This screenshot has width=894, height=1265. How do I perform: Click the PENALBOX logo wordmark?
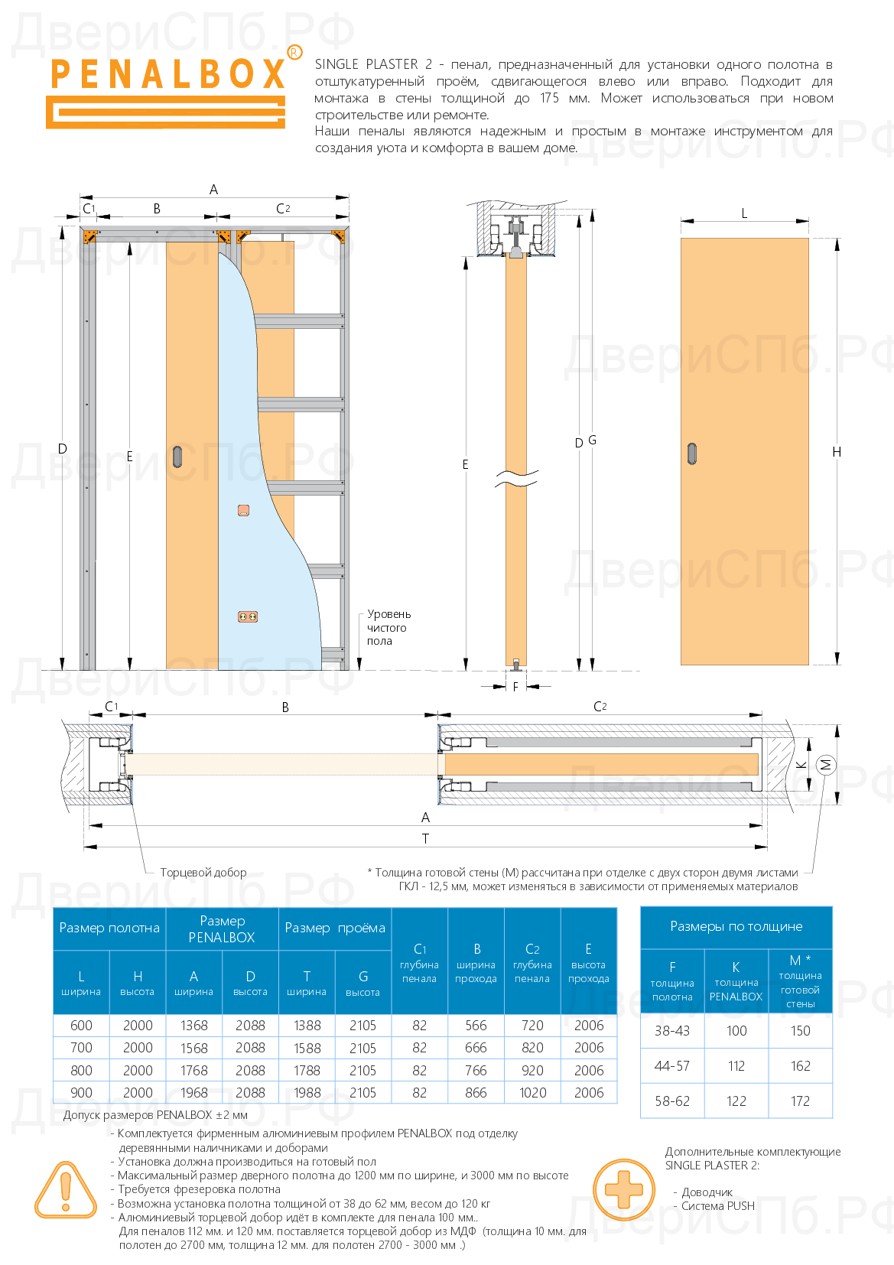click(168, 74)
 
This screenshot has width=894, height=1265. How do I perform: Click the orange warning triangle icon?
click(66, 1190)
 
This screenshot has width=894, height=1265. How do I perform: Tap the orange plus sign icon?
click(624, 1190)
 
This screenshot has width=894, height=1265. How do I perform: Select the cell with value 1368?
click(194, 1026)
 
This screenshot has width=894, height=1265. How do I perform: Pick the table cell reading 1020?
click(532, 1093)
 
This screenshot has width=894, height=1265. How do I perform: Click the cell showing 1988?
click(307, 1093)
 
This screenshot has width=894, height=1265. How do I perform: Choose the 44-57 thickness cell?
click(672, 1066)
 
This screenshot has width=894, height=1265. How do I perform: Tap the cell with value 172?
click(800, 1101)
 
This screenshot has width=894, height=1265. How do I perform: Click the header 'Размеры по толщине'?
click(736, 927)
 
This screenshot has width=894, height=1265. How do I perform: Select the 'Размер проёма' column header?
click(335, 928)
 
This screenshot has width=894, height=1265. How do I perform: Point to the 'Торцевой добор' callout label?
click(203, 873)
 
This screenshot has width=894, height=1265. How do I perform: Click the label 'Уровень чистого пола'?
click(388, 627)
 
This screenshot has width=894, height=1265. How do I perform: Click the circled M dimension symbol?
click(826, 764)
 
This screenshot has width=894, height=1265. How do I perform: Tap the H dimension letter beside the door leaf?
click(837, 452)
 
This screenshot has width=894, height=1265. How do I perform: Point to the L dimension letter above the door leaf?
click(744, 214)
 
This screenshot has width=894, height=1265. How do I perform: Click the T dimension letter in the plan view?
click(425, 839)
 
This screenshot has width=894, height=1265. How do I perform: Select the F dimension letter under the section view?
click(515, 687)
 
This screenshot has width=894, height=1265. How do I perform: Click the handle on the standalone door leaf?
click(692, 454)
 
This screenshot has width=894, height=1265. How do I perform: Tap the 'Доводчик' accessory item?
click(707, 1192)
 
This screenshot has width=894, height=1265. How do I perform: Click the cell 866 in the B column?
click(476, 1093)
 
